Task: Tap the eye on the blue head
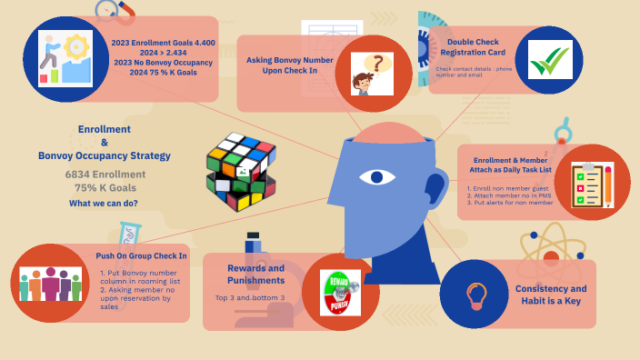(376, 175)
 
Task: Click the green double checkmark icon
(551, 61)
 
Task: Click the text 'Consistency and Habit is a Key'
(551, 294)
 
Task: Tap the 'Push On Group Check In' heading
(141, 255)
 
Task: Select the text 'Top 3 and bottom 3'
(250, 298)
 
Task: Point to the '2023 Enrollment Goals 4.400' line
(164, 42)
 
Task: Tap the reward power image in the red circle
(340, 294)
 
